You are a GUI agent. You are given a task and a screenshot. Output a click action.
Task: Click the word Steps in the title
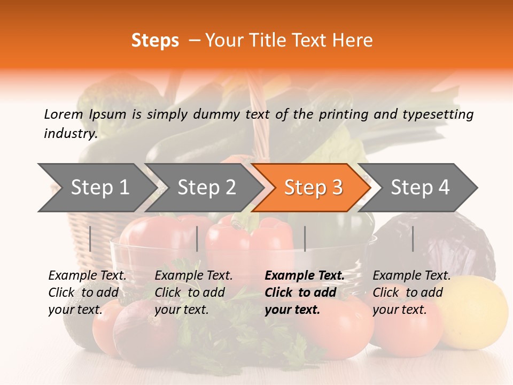click(155, 41)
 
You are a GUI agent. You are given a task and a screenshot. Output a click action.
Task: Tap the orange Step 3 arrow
click(313, 188)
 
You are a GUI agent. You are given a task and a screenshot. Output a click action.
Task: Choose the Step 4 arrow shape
click(419, 188)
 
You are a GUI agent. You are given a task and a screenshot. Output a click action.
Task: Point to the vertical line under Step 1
click(90, 238)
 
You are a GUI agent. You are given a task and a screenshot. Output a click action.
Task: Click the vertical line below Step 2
click(197, 238)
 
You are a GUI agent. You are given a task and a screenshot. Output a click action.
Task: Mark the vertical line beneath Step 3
click(305, 238)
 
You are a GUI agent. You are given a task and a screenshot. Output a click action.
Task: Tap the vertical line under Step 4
click(413, 238)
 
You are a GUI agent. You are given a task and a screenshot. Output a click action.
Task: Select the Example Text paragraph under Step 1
click(87, 292)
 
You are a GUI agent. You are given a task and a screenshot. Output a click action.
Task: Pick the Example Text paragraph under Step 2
click(193, 292)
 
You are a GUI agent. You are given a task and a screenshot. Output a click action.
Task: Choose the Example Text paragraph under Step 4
click(411, 292)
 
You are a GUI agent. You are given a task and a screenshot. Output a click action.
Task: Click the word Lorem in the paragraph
click(63, 114)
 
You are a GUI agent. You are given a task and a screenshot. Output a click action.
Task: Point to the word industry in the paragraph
click(70, 133)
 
